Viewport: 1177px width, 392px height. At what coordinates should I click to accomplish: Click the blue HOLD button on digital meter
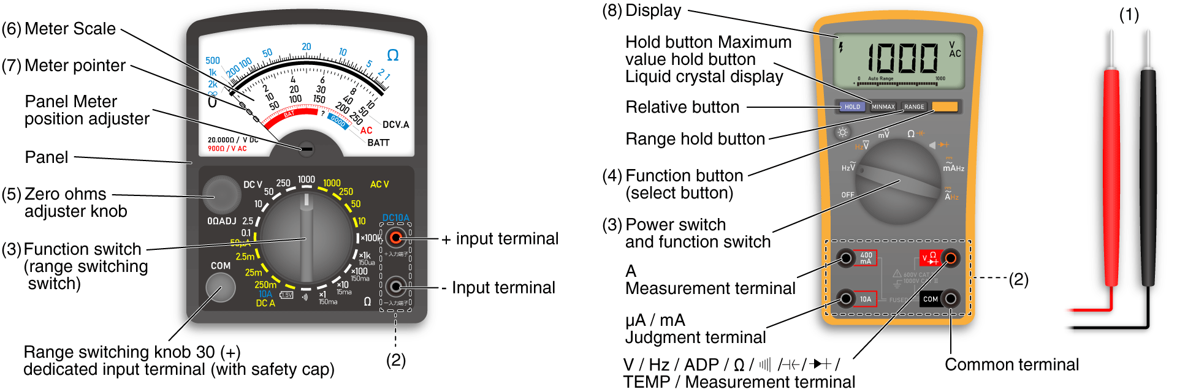tap(852, 107)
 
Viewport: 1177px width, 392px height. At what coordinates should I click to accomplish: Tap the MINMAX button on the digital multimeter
tap(883, 107)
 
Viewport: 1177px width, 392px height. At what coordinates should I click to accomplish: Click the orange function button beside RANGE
tap(945, 107)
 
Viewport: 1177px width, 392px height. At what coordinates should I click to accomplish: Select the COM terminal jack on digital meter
tap(950, 299)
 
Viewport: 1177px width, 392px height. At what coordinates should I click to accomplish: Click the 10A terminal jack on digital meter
tap(846, 299)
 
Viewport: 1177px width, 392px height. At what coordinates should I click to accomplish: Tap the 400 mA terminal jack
tap(846, 258)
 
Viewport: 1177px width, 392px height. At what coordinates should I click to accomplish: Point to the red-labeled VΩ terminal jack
tap(950, 258)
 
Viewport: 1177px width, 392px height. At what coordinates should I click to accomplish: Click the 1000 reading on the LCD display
tap(902, 59)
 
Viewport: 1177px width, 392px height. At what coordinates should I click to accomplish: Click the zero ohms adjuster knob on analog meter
tap(221, 194)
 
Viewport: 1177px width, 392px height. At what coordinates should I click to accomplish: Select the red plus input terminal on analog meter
tap(396, 238)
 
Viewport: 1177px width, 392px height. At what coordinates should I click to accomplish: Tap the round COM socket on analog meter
tap(220, 287)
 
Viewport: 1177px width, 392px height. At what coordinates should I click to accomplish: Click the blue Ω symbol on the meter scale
tap(393, 55)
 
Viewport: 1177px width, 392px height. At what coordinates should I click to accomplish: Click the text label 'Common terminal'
tap(1011, 364)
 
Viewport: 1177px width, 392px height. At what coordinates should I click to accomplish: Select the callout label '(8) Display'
tap(641, 10)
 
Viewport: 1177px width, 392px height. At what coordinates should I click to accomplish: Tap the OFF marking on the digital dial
tap(848, 195)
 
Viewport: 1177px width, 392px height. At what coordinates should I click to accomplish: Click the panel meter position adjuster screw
tap(307, 148)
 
